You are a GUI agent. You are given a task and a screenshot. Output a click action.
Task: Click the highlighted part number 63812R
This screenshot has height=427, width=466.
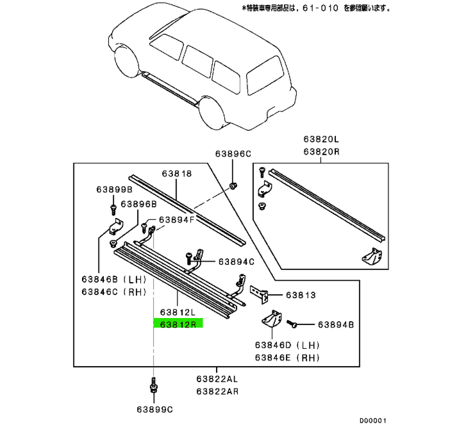(177, 323)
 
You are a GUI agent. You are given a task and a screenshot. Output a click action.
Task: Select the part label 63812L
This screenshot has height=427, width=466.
(177, 312)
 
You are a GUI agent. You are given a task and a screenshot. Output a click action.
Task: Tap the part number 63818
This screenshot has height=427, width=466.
(176, 174)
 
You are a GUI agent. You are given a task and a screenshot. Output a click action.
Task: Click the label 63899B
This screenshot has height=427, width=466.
(114, 190)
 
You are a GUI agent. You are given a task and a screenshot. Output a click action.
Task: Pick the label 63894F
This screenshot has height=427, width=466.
(177, 219)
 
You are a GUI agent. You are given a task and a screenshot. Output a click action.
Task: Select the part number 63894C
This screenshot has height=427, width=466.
(236, 262)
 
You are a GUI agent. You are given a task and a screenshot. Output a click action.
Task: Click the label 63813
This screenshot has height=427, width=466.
(301, 296)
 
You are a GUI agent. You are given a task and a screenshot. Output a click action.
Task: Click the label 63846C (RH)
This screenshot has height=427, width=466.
(114, 292)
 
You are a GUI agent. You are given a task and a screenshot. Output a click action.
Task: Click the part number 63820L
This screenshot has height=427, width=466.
(321, 139)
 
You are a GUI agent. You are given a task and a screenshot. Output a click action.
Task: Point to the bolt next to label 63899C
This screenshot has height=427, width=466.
(153, 388)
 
